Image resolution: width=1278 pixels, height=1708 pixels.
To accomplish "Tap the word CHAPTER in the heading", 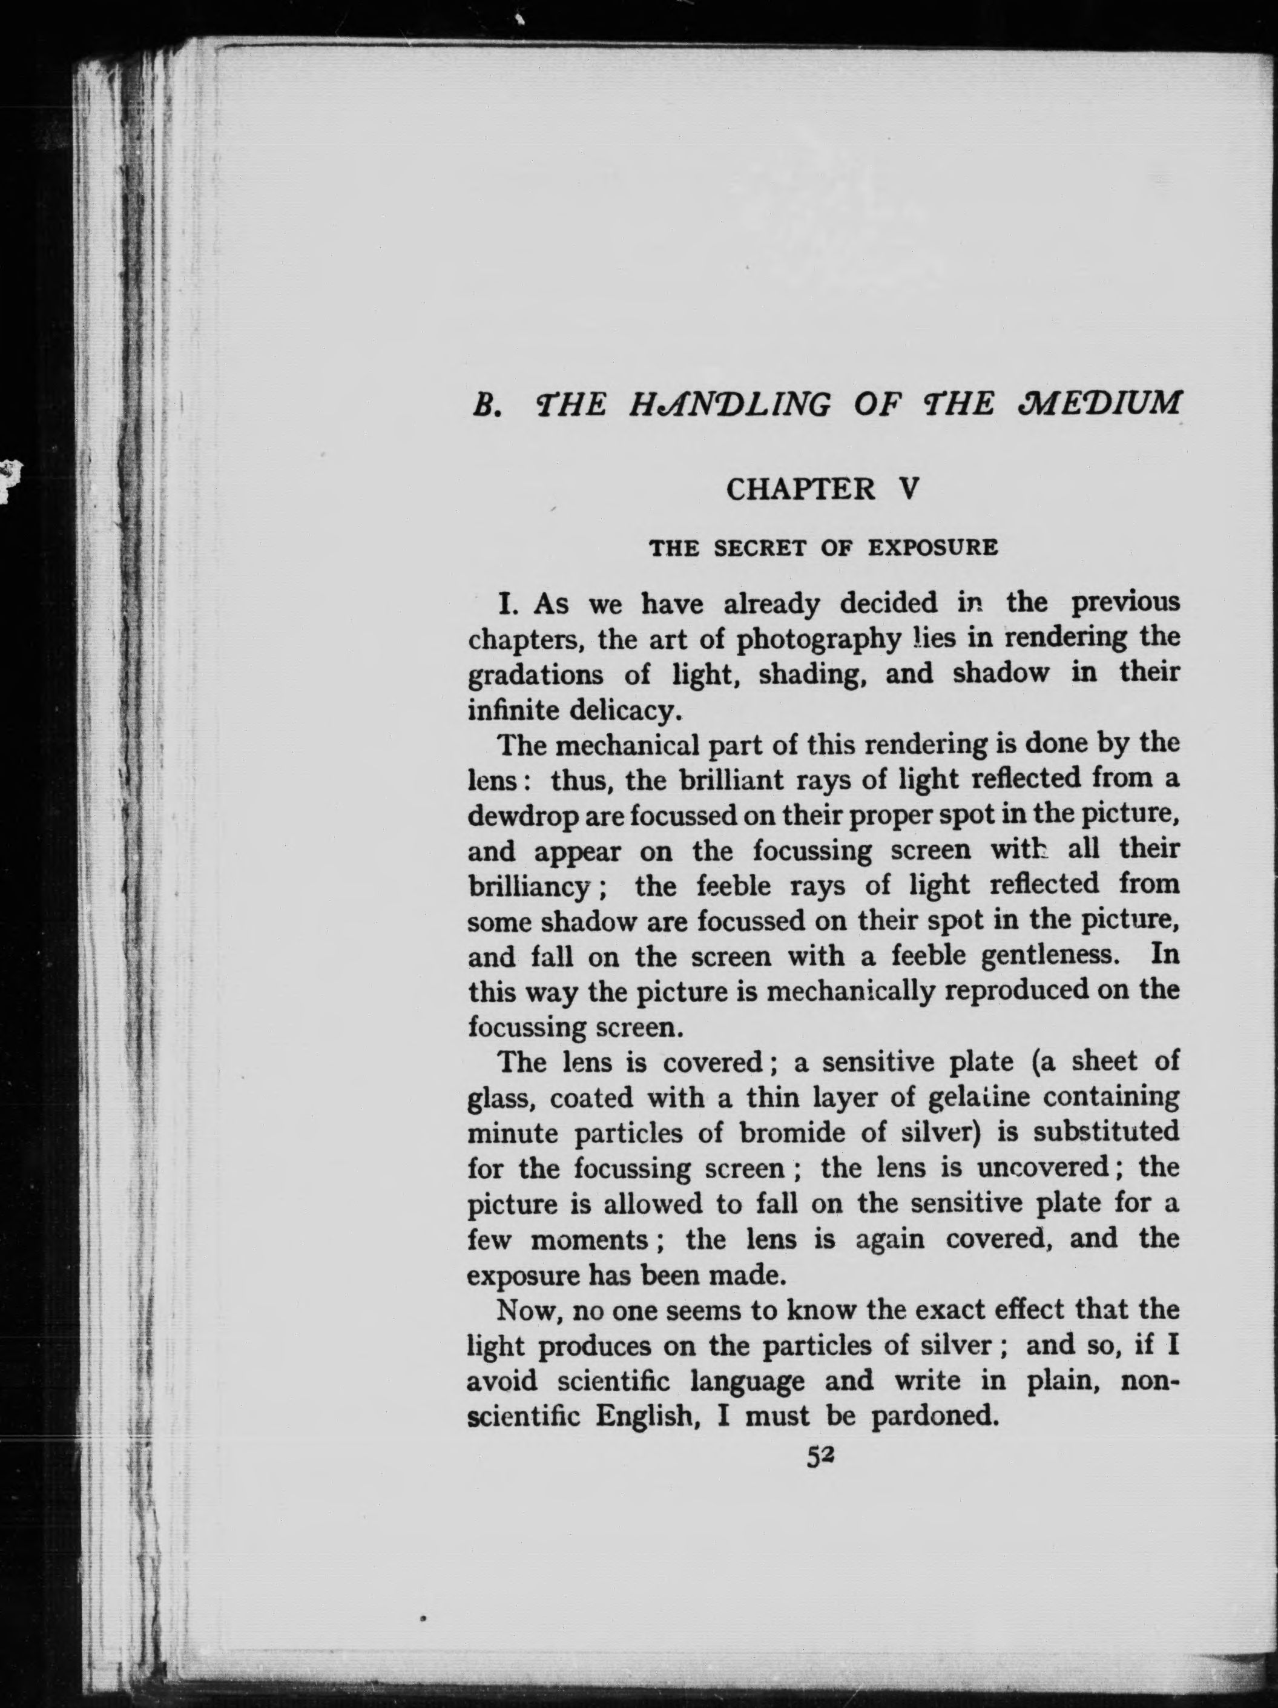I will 801,490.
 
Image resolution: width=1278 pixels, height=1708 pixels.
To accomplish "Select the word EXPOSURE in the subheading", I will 933,548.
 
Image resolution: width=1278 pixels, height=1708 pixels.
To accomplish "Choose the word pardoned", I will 931,1416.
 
